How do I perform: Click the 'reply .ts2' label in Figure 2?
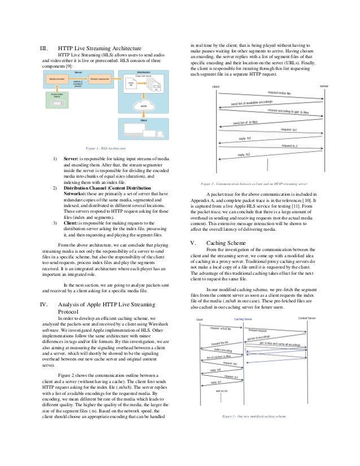pos(244,154)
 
